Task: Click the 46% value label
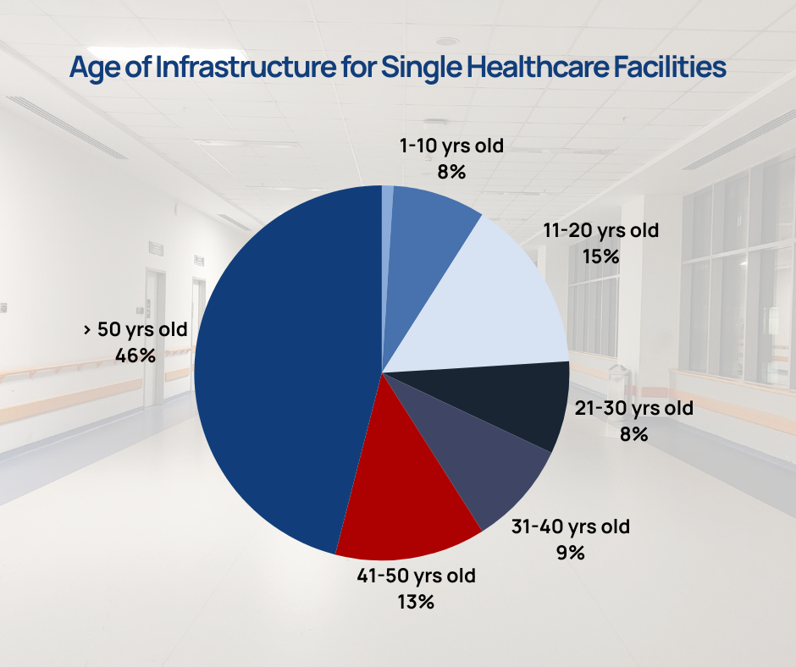[135, 356]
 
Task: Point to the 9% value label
[570, 553]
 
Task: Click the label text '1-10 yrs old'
[451, 146]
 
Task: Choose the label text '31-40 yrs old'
[570, 526]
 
